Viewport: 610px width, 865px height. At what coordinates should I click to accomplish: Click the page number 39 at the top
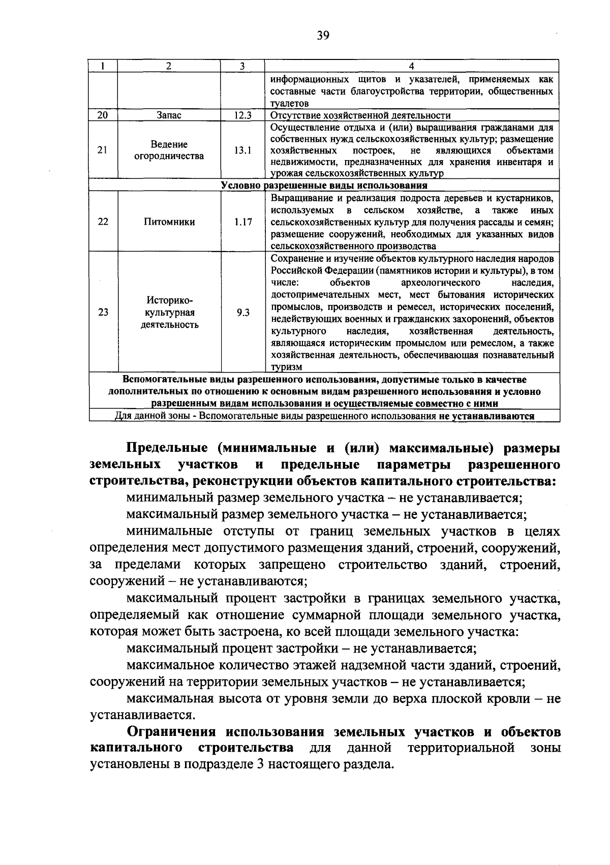[x=323, y=35]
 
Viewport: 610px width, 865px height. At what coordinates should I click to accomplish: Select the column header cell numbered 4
[x=412, y=66]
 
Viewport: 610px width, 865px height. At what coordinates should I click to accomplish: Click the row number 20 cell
[x=103, y=115]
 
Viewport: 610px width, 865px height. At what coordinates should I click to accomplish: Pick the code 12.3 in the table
[x=242, y=115]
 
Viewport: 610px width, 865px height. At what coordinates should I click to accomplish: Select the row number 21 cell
[x=103, y=150]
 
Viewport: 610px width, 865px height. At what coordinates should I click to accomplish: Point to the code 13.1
[x=242, y=150]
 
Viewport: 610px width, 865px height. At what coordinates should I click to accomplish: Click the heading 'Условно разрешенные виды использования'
[x=324, y=186]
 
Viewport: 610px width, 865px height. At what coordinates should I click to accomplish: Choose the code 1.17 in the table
[x=242, y=222]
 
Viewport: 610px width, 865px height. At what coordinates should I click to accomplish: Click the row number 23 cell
[x=103, y=313]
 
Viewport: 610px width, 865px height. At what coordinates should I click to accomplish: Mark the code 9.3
[x=242, y=313]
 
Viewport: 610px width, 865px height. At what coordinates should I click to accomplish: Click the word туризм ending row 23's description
[x=287, y=367]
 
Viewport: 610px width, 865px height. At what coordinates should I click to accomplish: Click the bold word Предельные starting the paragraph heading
[x=167, y=448]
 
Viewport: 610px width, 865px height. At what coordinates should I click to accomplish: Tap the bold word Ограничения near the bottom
[x=171, y=732]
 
